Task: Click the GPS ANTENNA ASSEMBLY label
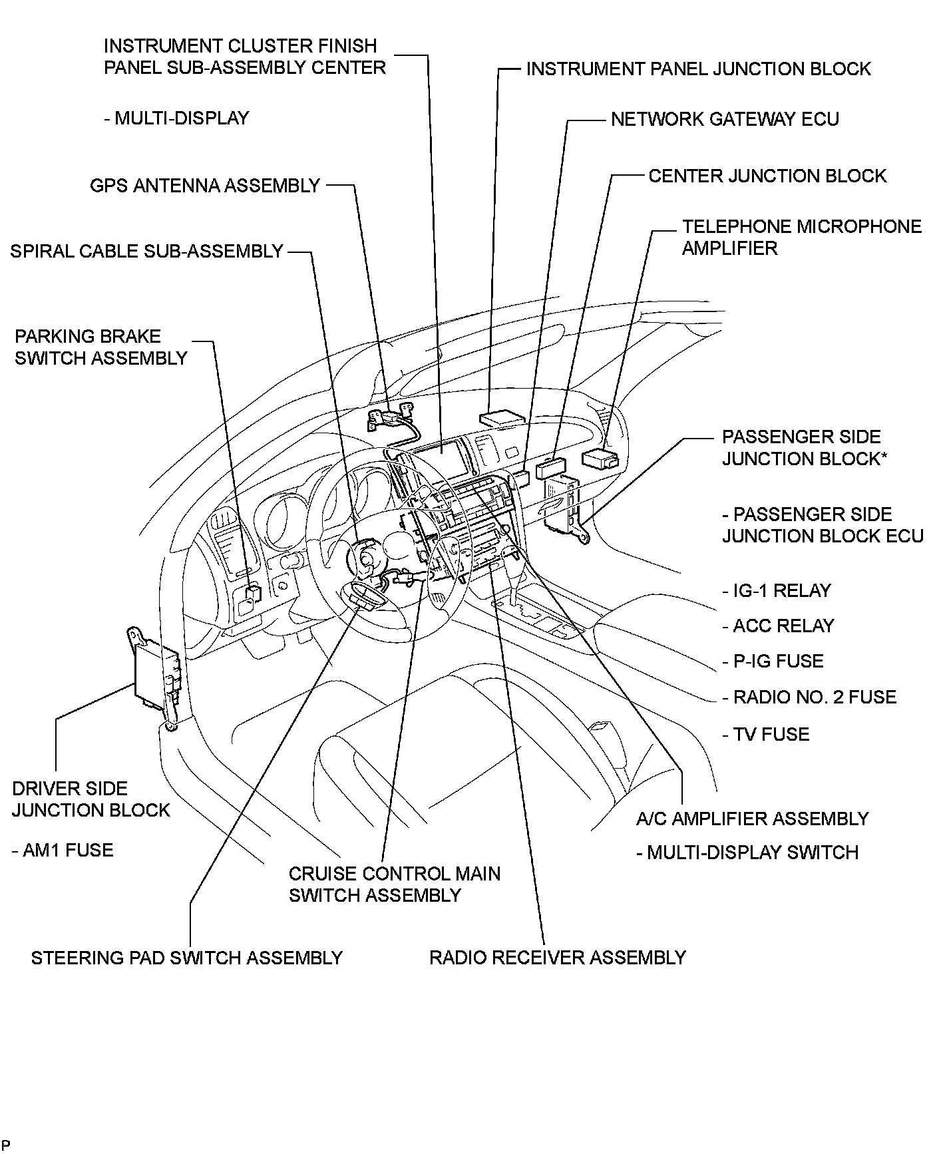tap(205, 186)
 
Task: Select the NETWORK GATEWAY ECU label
tap(725, 119)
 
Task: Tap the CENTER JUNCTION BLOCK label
tap(767, 176)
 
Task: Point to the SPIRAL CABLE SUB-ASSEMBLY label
tap(147, 252)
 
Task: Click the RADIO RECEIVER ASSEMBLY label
tap(557, 958)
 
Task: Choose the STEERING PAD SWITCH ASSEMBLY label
tap(186, 958)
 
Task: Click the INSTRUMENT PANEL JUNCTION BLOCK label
tap(698, 69)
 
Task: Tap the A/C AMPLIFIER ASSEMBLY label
tap(753, 819)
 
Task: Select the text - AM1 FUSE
tap(63, 850)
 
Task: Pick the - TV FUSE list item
tap(766, 734)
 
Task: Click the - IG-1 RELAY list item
tap(777, 590)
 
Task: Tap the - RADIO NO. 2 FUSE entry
tap(809, 697)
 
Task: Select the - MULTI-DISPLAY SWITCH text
tap(747, 853)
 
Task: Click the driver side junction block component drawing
tap(157, 675)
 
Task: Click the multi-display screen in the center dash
tap(438, 460)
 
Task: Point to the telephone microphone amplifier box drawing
tap(599, 459)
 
